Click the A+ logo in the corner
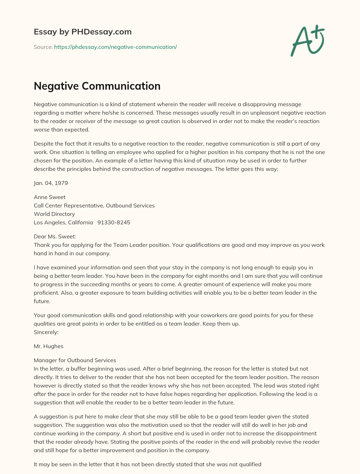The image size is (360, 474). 308,41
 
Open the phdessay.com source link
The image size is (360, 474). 115,47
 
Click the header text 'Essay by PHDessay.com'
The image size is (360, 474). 83,32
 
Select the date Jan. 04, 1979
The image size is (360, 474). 51,183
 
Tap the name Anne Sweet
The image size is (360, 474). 50,197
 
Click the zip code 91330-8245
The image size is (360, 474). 114,222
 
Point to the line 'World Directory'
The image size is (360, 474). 54,214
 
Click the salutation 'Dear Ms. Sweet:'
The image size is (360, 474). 54,236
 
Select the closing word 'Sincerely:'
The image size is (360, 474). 46,332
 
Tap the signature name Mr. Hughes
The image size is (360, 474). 49,346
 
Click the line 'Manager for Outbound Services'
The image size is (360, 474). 75,360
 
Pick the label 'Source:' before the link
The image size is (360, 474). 43,47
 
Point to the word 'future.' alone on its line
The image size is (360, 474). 42,301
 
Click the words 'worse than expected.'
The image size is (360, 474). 62,129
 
